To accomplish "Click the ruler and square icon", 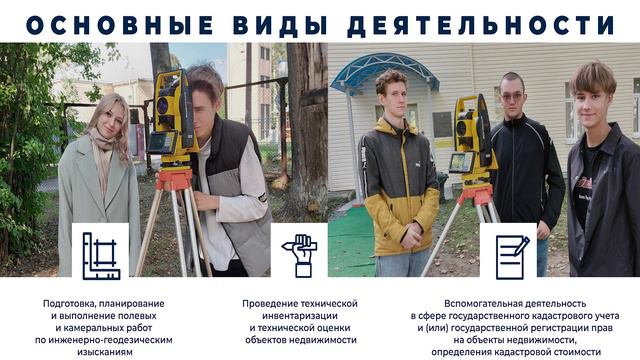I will (100, 250).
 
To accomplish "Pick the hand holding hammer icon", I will (299, 250).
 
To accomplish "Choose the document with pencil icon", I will (509, 250).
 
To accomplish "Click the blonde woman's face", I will (107, 118).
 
